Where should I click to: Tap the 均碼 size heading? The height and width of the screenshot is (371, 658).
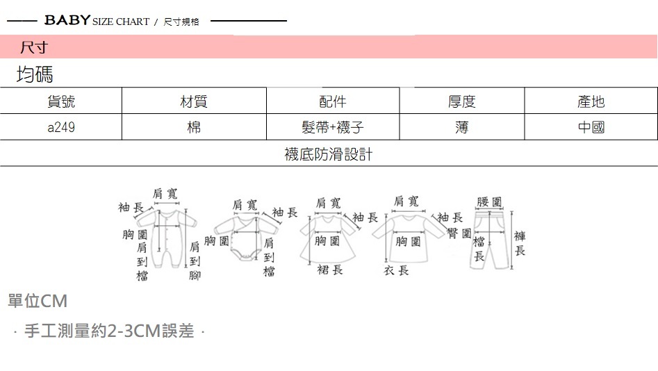coord(35,74)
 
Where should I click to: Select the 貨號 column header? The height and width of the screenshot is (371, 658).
coord(61,101)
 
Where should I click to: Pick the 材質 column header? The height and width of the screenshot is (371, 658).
coord(194,101)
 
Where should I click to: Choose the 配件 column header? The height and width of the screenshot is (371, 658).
coord(333,101)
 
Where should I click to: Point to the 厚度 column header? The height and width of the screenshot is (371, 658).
coord(462,101)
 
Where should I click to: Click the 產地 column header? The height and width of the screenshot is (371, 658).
coord(591,101)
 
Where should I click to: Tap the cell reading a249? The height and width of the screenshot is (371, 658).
coord(61,128)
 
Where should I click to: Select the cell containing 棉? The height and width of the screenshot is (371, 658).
coord(194,128)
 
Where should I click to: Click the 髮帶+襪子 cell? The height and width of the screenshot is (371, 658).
coord(333,128)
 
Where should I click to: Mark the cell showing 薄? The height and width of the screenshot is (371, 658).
coord(462,128)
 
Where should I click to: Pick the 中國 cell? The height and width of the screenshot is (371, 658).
coord(591,128)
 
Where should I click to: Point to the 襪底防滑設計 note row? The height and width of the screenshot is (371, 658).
coord(329,154)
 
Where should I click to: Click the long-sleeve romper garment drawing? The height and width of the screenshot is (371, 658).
coord(167,236)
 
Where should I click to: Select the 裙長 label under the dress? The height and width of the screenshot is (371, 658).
coord(329,270)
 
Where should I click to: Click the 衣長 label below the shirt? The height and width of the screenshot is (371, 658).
coord(396,270)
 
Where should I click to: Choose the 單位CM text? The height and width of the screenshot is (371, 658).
coord(38,302)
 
